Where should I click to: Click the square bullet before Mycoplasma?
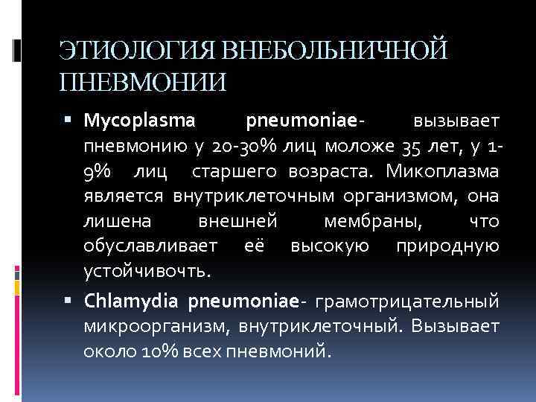pyautogui.click(x=71, y=120)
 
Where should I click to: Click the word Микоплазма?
pyautogui.click(x=444, y=173)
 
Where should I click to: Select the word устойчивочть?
pyautogui.click(x=147, y=269)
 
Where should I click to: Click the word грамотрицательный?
pyautogui.click(x=408, y=302)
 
